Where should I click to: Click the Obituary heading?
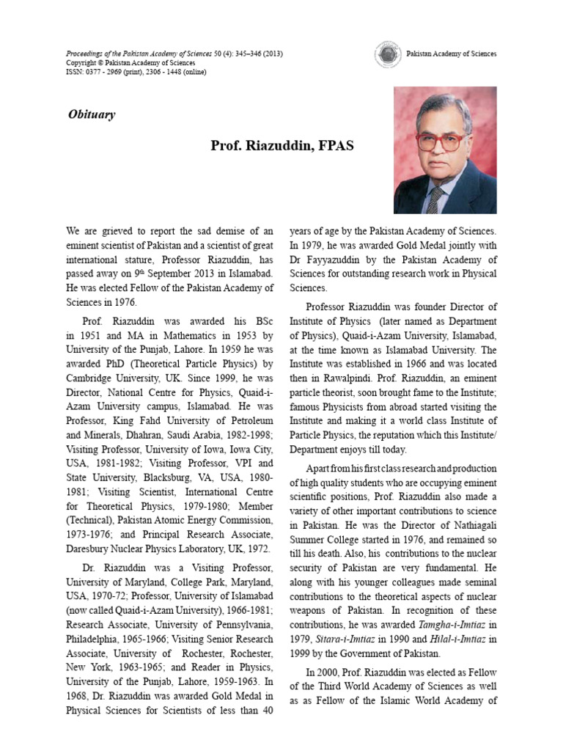coord(91,114)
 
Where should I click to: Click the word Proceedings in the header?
coord(87,54)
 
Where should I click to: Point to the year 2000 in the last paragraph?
coord(329,673)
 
